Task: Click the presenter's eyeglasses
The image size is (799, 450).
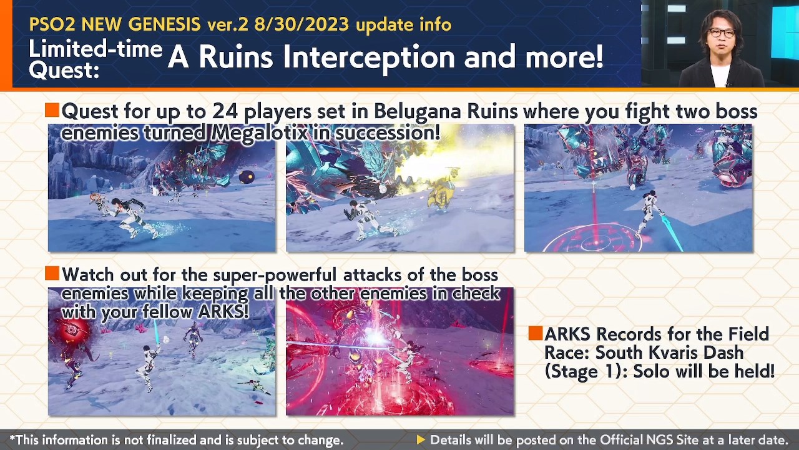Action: (721, 32)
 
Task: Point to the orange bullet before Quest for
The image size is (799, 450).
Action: (52, 111)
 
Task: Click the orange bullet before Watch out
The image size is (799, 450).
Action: (52, 274)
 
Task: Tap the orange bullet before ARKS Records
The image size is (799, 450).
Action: (535, 333)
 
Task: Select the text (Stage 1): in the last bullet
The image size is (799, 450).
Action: (586, 371)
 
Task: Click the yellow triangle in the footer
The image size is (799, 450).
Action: (421, 440)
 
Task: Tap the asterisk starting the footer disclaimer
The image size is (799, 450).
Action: (12, 439)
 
